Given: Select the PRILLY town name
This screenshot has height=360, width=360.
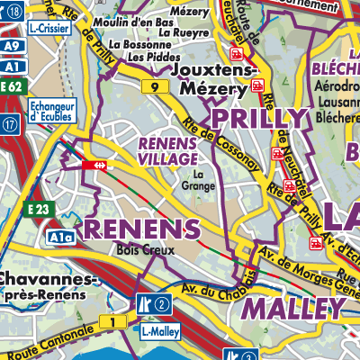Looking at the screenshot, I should coord(258,119).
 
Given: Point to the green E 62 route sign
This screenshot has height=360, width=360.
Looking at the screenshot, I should coord(11,86).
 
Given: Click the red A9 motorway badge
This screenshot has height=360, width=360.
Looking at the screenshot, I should coord(10,46).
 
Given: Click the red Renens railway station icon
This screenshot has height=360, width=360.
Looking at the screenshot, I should coord(93,165).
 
